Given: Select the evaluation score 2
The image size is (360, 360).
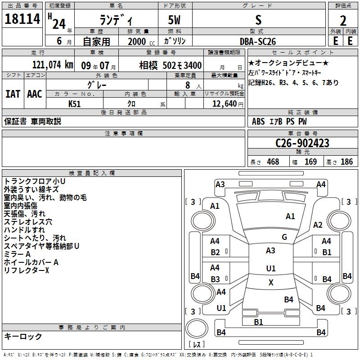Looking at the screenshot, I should pyautogui.click(x=343, y=20).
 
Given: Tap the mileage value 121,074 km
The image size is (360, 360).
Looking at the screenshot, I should pyautogui.click(x=53, y=65).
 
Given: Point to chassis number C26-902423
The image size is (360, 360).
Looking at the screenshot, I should pyautogui.click(x=302, y=144).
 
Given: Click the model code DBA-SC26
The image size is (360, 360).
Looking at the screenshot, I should pyautogui.click(x=259, y=41).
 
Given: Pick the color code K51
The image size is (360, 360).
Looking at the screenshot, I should pyautogui.click(x=75, y=103).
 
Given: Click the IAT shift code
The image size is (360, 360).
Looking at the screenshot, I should pyautogui.click(x=13, y=94).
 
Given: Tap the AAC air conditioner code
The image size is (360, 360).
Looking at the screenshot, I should pyautogui.click(x=35, y=94).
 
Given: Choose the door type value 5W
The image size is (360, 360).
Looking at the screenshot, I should pyautogui.click(x=175, y=20).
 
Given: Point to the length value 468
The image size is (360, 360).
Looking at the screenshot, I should pyautogui.click(x=273, y=162).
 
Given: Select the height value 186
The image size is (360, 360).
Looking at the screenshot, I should pyautogui.click(x=347, y=162).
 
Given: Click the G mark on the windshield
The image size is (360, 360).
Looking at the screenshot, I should pyautogui.click(x=284, y=237).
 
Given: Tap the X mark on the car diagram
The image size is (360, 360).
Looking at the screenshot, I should pyautogui.click(x=271, y=283).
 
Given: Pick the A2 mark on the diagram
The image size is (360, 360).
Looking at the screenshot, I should pyautogui.click(x=318, y=225).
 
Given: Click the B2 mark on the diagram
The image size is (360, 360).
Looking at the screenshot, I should pyautogui.click(x=216, y=252).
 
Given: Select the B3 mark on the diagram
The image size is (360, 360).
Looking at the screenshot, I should pyautogui.click(x=216, y=279).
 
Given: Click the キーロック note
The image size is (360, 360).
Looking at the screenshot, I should pyautogui.click(x=23, y=336).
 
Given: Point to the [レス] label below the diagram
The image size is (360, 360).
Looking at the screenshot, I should pyautogui.click(x=196, y=344).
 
